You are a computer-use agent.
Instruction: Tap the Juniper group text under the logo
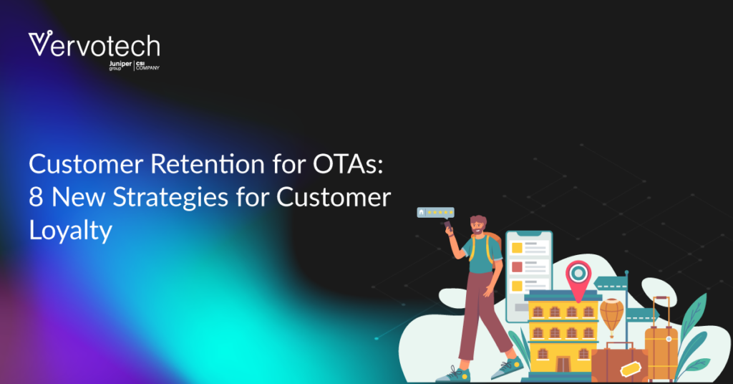[x=120, y=65]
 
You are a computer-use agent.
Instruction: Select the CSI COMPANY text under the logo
[x=147, y=65]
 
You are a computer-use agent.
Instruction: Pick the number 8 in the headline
[x=36, y=197]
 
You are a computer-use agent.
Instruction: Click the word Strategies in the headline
[x=170, y=198]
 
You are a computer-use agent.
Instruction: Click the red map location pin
[x=578, y=279]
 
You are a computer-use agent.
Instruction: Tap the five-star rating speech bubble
[x=436, y=213]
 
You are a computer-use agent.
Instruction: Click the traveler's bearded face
[x=477, y=227]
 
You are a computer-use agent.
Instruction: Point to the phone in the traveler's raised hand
[x=448, y=226]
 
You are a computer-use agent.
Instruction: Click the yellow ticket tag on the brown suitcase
[x=631, y=368]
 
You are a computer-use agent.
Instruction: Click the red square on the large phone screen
[x=517, y=267]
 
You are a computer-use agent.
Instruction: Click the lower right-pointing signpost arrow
[x=642, y=315]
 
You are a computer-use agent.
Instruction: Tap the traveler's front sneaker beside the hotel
[x=508, y=368]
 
